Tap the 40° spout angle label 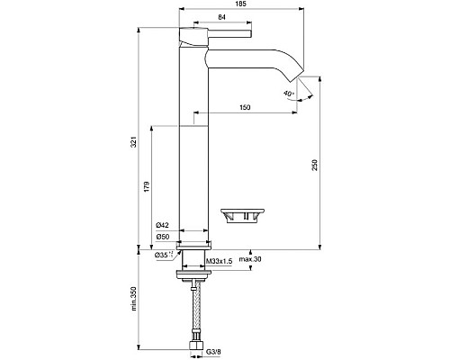click(288, 94)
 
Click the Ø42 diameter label click(163, 225)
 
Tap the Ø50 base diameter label click(163, 236)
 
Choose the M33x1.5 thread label click(220, 261)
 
